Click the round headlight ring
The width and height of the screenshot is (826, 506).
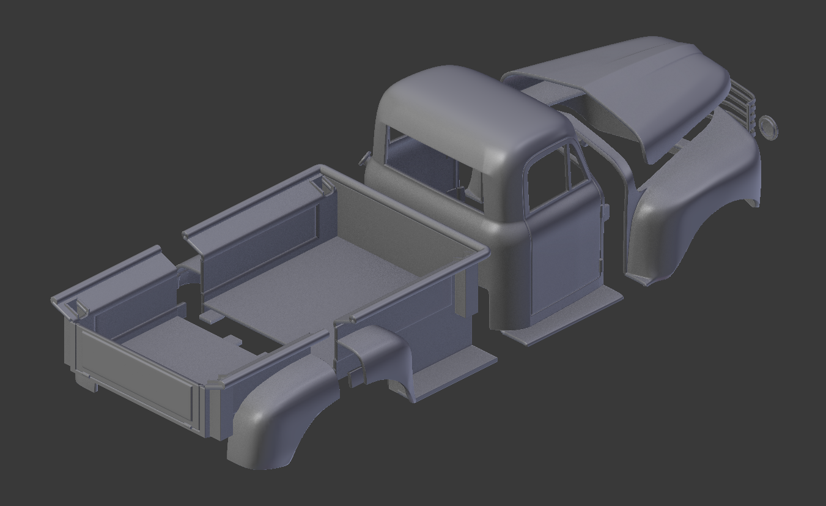768,127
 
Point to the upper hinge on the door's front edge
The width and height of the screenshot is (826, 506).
607,212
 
